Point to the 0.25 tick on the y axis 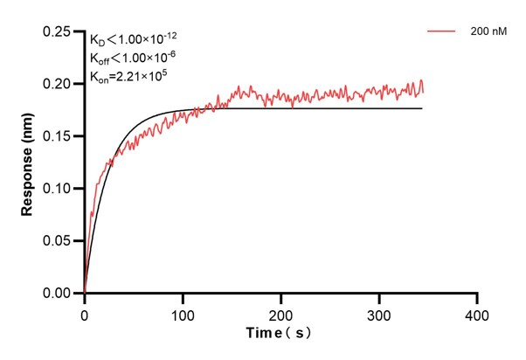click(x=58, y=31)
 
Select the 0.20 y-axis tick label click(x=58, y=84)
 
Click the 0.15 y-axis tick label click(x=58, y=136)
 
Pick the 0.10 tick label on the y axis click(x=58, y=189)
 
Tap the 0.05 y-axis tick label click(x=58, y=241)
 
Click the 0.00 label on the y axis click(x=58, y=294)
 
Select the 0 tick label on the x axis click(x=84, y=312)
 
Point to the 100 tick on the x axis click(x=182, y=312)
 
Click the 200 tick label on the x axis click(x=280, y=312)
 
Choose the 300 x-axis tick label click(x=378, y=312)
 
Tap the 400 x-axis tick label click(x=476, y=312)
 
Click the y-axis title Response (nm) click(x=27, y=163)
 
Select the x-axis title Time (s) click(x=279, y=334)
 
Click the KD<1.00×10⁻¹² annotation click(x=135, y=39)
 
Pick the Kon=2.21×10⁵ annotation click(x=128, y=78)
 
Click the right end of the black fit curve click(x=422, y=108)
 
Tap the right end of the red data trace click(x=423, y=91)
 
